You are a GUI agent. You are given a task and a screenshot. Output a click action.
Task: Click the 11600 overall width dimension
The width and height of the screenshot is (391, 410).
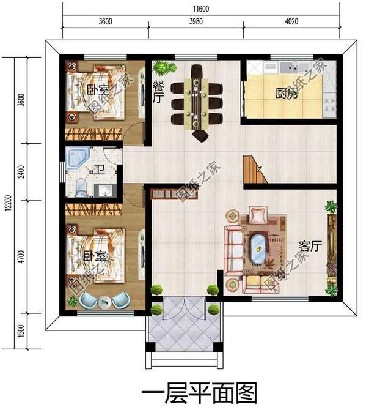point(201,9)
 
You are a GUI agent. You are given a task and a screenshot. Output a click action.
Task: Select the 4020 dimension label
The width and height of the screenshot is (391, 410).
point(291,23)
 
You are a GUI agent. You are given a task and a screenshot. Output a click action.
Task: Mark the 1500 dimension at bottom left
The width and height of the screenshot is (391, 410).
point(21,333)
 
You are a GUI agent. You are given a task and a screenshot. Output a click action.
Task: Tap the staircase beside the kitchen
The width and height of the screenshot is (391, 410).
point(255,170)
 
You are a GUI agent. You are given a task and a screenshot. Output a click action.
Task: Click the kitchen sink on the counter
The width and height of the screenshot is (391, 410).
point(288,65)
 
